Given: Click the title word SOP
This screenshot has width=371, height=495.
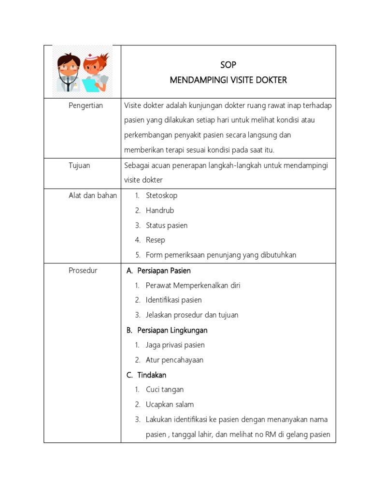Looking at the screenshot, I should click(x=228, y=65).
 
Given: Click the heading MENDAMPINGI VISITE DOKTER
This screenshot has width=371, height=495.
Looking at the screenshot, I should click(x=228, y=80).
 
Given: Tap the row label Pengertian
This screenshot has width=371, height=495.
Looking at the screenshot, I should click(x=86, y=105).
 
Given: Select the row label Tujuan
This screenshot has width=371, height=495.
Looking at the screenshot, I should click(x=79, y=165).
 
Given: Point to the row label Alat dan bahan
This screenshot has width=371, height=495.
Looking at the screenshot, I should click(x=92, y=195).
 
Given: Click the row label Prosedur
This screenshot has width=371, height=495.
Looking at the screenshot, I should click(x=83, y=270).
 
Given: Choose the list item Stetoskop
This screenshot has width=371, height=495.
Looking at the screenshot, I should click(x=161, y=195).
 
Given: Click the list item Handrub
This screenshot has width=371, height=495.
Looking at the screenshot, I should click(x=160, y=210).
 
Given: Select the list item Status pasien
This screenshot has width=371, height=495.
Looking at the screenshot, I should click(x=167, y=225).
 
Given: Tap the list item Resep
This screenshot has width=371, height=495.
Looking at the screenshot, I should click(x=156, y=240).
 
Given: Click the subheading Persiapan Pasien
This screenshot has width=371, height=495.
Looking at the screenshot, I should click(x=164, y=270).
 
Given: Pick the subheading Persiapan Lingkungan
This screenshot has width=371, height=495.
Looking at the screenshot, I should click(x=172, y=330).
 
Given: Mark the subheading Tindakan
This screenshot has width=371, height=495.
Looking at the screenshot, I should click(x=152, y=375).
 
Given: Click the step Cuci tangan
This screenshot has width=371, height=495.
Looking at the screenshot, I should click(x=165, y=390).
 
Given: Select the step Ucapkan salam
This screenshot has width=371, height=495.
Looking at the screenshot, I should click(x=170, y=405).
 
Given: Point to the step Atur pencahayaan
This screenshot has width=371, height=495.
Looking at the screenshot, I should click(x=174, y=360).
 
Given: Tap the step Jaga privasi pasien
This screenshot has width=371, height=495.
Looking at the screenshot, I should click(x=175, y=345).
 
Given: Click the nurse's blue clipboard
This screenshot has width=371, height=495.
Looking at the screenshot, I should click(x=90, y=85).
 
